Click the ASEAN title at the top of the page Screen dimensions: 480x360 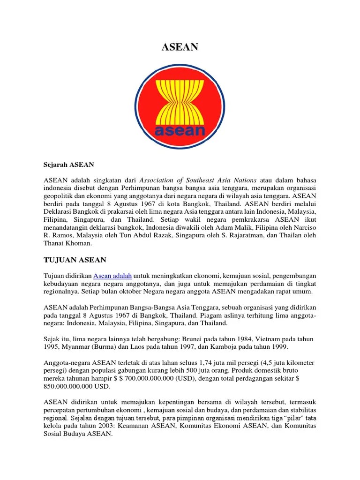[x=180, y=47]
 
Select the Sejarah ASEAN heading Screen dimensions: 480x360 [x=68, y=165]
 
